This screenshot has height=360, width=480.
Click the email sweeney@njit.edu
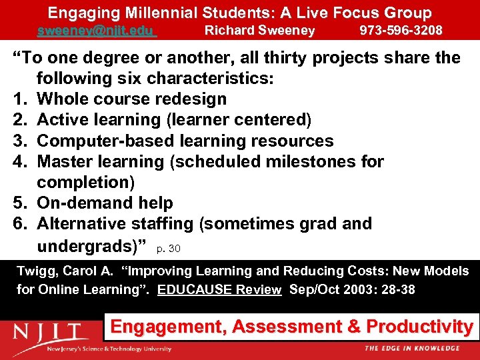(96, 30)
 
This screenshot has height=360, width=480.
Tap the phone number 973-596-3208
(401, 30)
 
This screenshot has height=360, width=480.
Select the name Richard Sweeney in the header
(259, 30)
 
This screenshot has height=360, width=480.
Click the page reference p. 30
(168, 249)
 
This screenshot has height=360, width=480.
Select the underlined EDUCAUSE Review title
(219, 290)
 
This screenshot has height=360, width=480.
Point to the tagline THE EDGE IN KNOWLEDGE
(412, 349)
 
